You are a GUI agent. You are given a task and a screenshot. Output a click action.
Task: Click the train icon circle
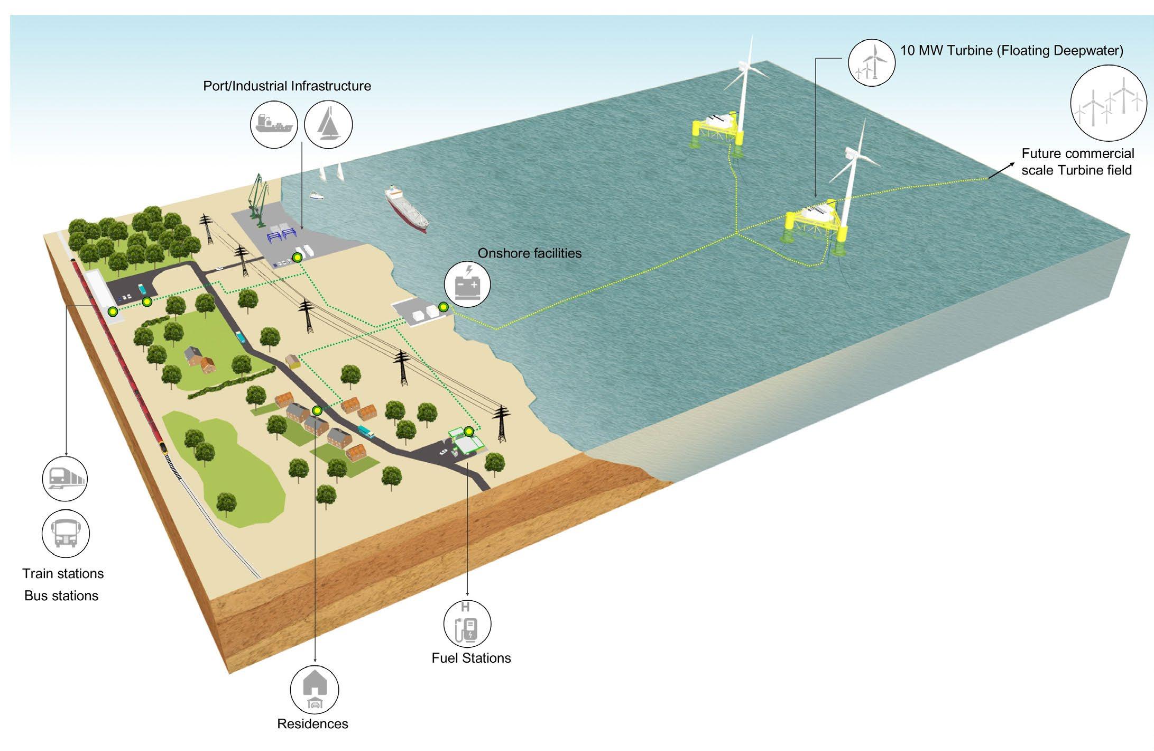tap(64, 478)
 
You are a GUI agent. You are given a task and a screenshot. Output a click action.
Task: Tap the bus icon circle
tap(66, 533)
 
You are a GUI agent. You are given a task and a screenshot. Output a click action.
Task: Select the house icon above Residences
tap(315, 690)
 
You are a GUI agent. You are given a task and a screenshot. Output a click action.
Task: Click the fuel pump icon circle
tap(467, 624)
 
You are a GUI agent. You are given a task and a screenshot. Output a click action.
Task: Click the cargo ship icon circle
tap(274, 125)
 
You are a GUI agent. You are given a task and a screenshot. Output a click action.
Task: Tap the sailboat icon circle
tap(329, 125)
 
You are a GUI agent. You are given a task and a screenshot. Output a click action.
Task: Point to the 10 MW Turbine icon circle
tap(872, 62)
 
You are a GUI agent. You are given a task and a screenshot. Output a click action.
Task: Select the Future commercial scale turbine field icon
tap(1108, 104)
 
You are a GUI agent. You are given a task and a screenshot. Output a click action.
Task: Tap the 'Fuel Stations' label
tap(471, 658)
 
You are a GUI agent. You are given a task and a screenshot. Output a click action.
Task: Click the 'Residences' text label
tap(312, 723)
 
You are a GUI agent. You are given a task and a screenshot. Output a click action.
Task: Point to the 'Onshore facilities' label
tap(529, 253)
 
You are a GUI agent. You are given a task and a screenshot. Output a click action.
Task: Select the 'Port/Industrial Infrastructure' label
tap(287, 86)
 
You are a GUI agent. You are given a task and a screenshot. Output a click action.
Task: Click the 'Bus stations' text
tap(61, 596)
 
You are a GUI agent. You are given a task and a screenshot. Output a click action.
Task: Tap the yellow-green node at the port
tap(297, 258)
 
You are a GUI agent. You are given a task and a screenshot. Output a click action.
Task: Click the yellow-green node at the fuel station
tap(469, 432)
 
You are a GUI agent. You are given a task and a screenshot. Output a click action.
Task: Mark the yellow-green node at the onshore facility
tap(444, 307)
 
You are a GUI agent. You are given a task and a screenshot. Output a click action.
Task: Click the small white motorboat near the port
tap(316, 196)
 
